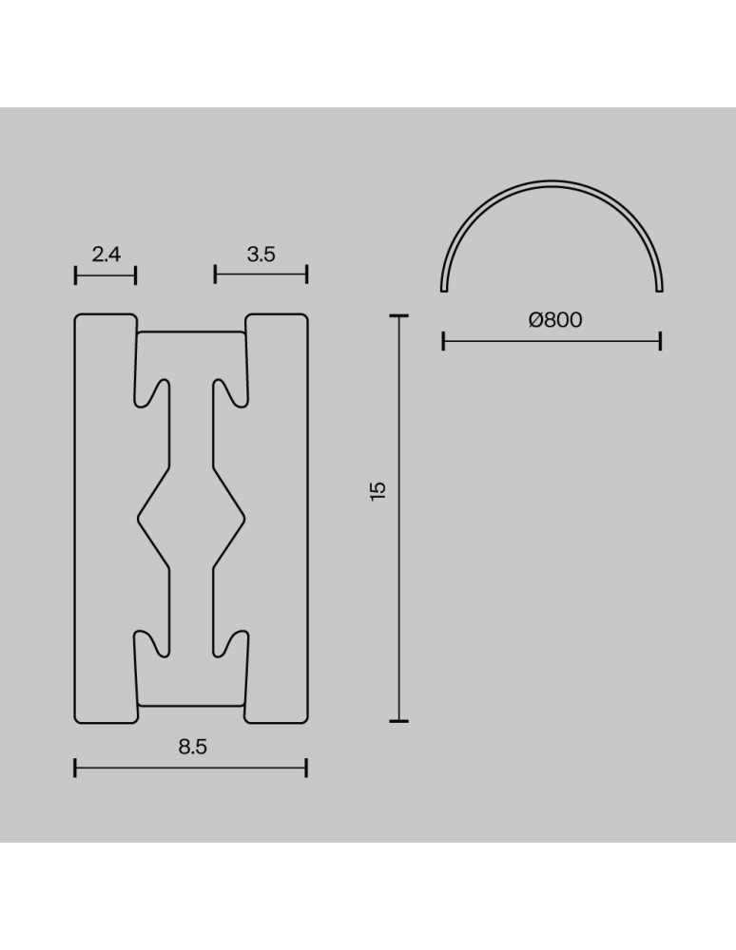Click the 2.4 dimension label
click(106, 254)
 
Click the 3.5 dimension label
click(261, 254)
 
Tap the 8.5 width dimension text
click(192, 747)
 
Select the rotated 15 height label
click(378, 491)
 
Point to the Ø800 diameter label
click(555, 320)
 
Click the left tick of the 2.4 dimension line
click(75, 275)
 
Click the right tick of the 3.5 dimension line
click(306, 275)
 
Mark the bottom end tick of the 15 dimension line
click(398, 721)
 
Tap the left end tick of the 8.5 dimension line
click(75, 768)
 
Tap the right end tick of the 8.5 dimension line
click(306, 768)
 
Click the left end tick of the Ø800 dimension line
click(444, 340)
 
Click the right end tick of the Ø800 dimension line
click(660, 340)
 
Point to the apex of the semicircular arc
click(552, 180)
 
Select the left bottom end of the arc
click(444, 289)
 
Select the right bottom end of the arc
click(660, 289)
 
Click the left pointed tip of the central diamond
click(140, 518)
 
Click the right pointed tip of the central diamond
click(244, 518)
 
